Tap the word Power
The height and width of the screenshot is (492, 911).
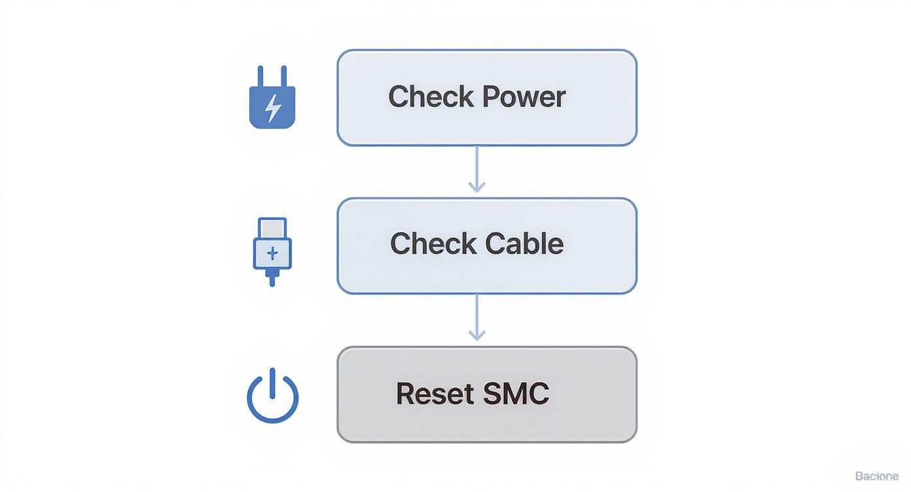click(x=524, y=97)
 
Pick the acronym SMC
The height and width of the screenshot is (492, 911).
click(x=516, y=393)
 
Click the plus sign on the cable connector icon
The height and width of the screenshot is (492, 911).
click(x=272, y=253)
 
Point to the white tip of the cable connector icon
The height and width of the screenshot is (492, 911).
click(x=272, y=228)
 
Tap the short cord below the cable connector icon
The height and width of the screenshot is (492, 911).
click(x=272, y=279)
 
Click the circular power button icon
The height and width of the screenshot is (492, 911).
click(x=272, y=398)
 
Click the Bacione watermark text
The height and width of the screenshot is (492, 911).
click(x=876, y=476)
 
